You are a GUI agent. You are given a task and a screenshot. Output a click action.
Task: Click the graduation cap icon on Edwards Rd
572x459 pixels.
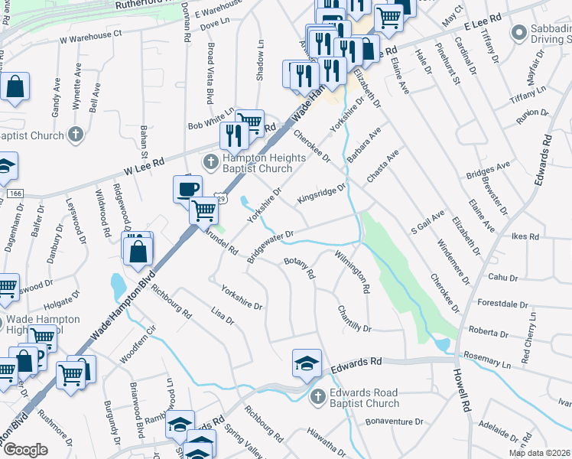coord(306,363)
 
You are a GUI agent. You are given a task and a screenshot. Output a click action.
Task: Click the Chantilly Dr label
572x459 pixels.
coord(354,320)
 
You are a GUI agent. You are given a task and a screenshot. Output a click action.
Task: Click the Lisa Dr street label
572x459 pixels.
coord(221,314)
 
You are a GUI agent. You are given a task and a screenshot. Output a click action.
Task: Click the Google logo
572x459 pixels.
coord(25,450)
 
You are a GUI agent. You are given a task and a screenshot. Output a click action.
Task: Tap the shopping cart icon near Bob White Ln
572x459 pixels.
coord(249,122)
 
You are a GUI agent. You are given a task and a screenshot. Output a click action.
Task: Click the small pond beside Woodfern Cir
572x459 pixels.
coord(118,288)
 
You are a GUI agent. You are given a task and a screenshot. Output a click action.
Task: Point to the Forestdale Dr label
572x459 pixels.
coord(504,302)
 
